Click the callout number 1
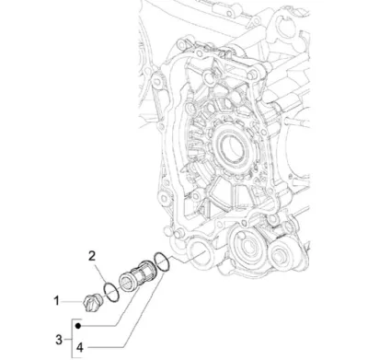(56, 301)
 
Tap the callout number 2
(92, 256)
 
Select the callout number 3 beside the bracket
(59, 340)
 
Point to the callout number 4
(80, 348)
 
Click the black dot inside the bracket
(78, 326)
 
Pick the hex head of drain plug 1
(88, 302)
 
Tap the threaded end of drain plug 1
(98, 298)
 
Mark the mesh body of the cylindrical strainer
(144, 274)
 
